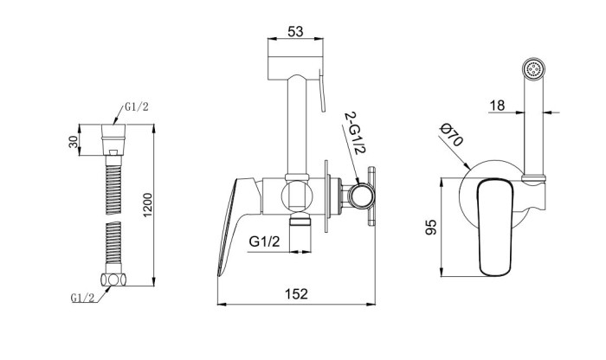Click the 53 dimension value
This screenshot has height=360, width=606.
(x=295, y=31)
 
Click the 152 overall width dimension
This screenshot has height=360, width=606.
(x=296, y=294)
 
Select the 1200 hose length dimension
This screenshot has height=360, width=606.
(x=148, y=205)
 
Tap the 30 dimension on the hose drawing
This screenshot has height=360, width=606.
(x=73, y=141)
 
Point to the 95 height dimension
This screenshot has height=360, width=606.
(x=430, y=227)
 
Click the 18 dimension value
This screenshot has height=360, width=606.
(x=497, y=105)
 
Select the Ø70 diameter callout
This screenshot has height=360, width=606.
(x=451, y=135)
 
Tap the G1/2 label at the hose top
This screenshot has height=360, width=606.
(x=137, y=107)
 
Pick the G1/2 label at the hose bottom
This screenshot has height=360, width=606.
(x=82, y=298)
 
